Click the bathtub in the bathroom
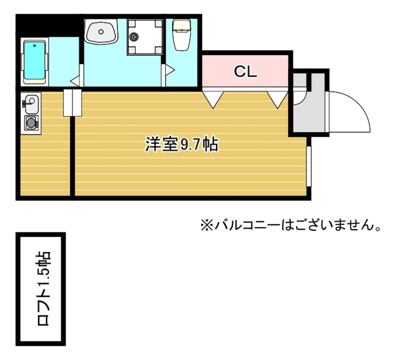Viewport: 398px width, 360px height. (35, 61)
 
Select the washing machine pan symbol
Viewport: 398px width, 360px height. (145, 36)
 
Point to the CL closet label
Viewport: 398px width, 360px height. (246, 72)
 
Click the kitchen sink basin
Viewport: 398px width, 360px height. (30, 104)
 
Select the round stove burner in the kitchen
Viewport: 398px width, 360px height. (31, 122)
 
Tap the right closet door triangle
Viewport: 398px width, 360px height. (278, 99)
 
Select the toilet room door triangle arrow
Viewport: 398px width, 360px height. (169, 69)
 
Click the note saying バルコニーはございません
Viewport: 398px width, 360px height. (297, 226)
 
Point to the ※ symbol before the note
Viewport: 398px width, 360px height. (206, 226)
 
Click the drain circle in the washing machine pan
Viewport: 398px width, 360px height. (134, 35)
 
